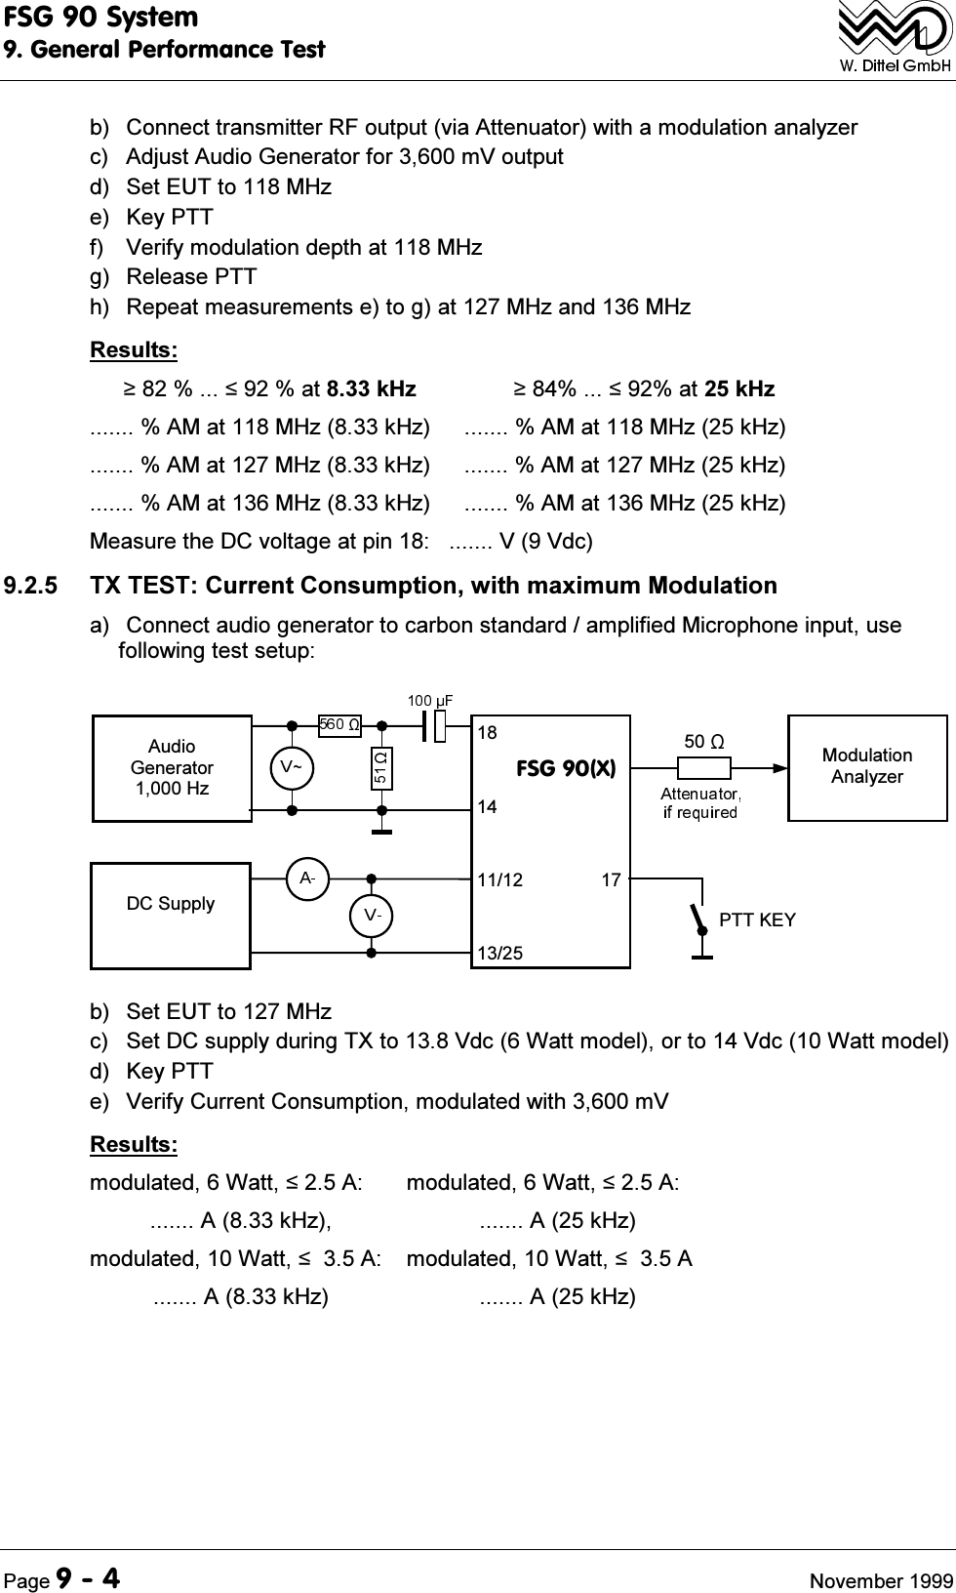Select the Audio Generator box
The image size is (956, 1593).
tap(172, 767)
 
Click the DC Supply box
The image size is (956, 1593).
tap(171, 915)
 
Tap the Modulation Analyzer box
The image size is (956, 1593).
tap(866, 767)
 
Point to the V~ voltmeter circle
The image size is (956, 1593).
tap(292, 767)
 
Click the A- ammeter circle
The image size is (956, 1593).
tap(306, 878)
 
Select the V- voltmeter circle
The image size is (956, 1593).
tap(372, 916)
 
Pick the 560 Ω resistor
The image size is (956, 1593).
tap(339, 725)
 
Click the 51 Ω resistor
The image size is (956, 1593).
tap(381, 768)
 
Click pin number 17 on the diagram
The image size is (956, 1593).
tap(611, 880)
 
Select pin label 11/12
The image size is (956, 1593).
tap(500, 880)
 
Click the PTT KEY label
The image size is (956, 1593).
tap(757, 920)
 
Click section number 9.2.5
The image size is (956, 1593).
tap(31, 587)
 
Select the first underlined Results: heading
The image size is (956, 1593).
tap(134, 349)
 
